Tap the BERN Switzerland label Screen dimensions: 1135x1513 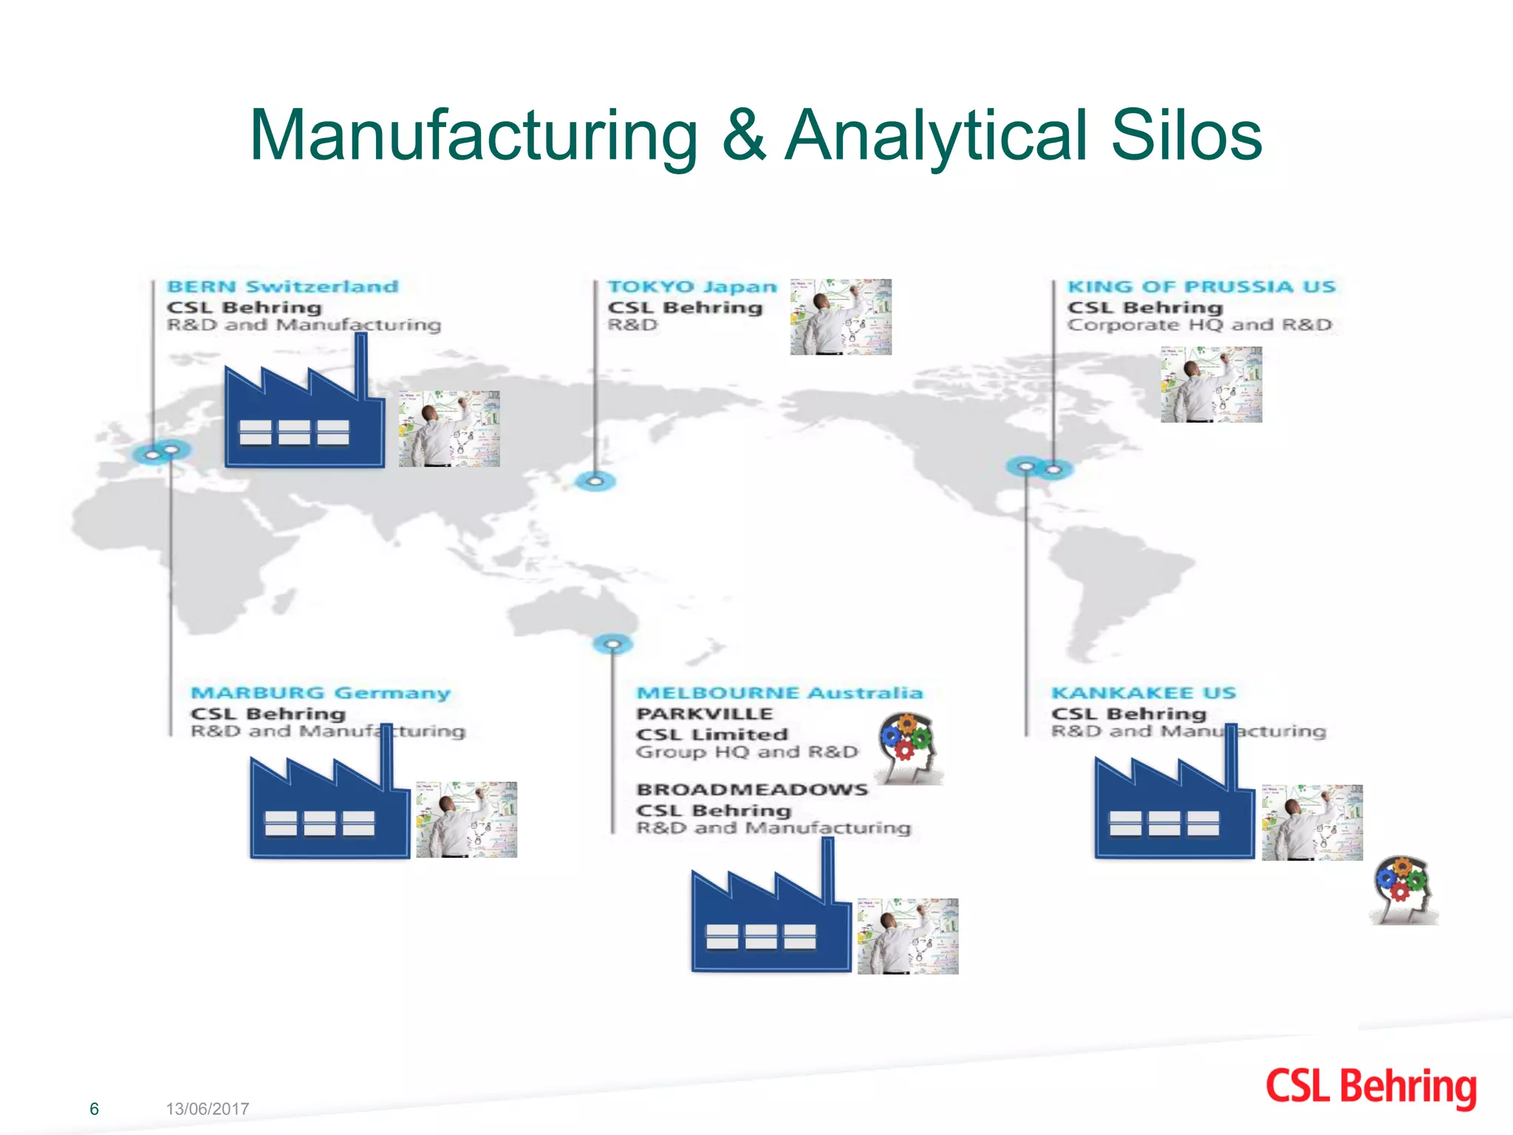coord(282,287)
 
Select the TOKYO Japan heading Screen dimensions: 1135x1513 coord(691,287)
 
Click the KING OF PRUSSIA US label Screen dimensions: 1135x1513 coord(1201,287)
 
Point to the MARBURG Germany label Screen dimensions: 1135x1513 coord(320,693)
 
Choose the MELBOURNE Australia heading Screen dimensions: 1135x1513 coord(779,693)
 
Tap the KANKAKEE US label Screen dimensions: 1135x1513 coord(1143,693)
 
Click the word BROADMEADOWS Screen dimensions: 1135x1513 coord(752,789)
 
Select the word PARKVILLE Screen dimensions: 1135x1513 coord(704,714)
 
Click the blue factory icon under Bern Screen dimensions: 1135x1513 coord(304,417)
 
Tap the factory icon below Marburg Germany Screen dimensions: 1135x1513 coord(329,808)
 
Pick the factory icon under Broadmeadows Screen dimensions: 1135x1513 coord(771,921)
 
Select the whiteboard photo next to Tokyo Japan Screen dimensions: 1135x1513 coord(841,317)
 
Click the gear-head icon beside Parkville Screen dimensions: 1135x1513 coord(909,748)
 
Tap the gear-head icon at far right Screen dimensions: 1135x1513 coord(1403,890)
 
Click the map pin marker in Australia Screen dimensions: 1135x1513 coord(612,644)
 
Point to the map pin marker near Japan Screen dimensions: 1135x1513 coord(595,482)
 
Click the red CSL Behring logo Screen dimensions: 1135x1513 coord(1370,1087)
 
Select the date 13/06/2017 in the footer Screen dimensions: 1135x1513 coord(207,1108)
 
